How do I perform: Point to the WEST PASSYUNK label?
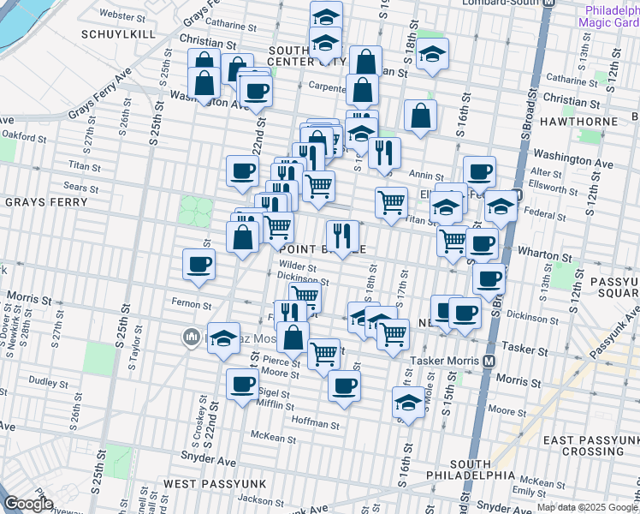(x=216, y=484)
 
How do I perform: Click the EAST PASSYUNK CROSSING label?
(x=591, y=445)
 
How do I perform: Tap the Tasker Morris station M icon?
(x=489, y=362)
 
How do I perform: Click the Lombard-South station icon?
(x=551, y=3)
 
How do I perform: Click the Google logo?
(x=29, y=504)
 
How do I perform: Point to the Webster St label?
(x=121, y=15)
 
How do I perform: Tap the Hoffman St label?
(x=315, y=423)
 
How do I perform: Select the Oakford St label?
(x=22, y=134)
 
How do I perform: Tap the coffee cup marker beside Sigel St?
(x=242, y=384)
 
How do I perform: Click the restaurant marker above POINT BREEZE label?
(x=342, y=236)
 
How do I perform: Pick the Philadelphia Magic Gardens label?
(x=609, y=17)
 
